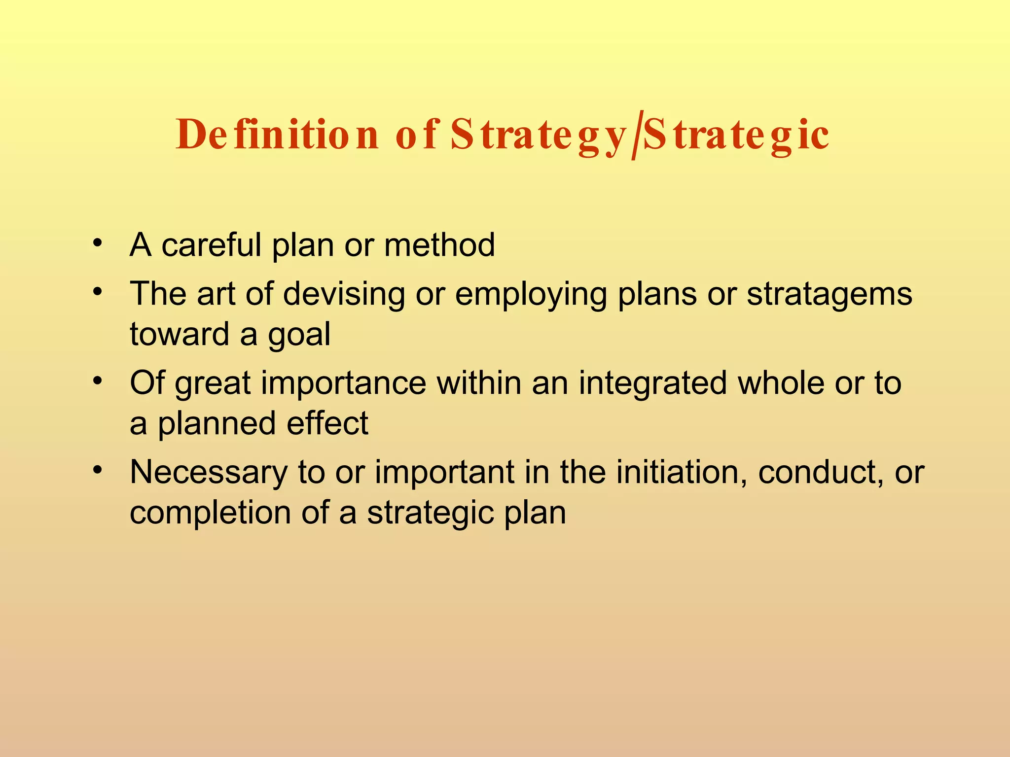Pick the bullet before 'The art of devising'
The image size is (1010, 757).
(98, 291)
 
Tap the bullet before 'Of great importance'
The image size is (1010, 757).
(98, 380)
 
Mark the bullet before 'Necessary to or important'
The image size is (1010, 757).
(98, 470)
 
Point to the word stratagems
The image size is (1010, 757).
(829, 294)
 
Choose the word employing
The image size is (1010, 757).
(531, 294)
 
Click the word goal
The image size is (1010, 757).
(299, 335)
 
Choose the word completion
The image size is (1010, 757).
(210, 513)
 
